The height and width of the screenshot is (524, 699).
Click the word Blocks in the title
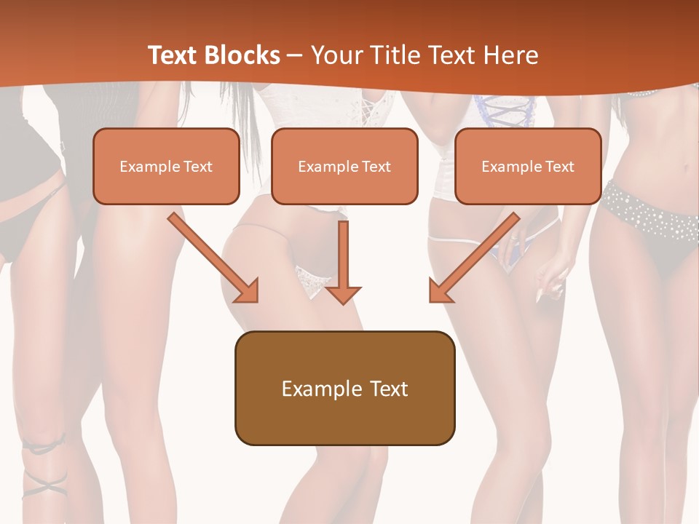coord(242,55)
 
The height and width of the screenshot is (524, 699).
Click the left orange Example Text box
coord(166,166)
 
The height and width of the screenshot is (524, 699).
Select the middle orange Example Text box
coord(344,166)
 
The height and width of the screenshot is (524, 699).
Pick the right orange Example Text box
coord(528,166)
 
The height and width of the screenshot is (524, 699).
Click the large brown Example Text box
coord(344,388)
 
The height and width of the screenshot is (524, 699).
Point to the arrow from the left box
coord(211,256)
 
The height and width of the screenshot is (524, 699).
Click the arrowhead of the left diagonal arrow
coord(248,291)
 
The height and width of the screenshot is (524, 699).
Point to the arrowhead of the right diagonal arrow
coord(440,291)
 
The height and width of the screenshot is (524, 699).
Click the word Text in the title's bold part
coord(173,55)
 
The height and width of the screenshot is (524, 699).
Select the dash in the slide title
coord(295,56)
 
